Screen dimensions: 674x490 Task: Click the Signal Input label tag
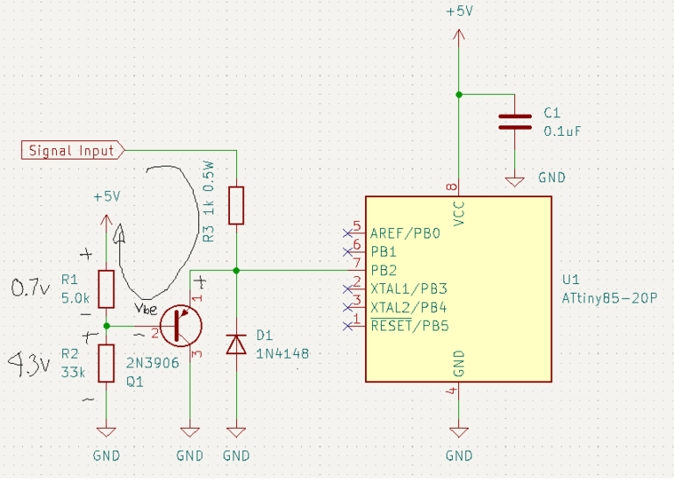[73, 150]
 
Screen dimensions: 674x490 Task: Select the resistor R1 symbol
[106, 289]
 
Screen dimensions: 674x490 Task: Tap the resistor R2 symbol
[106, 363]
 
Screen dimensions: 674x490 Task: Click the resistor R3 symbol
[236, 205]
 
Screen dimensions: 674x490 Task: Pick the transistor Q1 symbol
[181, 325]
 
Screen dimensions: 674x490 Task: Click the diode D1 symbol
[236, 344]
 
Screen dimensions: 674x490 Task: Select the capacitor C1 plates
[514, 122]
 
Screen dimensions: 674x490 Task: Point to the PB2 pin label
[384, 271]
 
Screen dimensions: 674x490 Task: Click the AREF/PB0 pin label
[405, 233]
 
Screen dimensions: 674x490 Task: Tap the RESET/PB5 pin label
[410, 325]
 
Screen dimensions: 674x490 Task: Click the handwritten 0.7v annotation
[30, 288]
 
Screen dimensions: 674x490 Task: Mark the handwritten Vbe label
[146, 309]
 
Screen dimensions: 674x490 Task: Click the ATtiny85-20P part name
[610, 298]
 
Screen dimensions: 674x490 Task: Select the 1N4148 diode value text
[283, 353]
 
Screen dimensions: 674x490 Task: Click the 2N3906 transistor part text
[153, 363]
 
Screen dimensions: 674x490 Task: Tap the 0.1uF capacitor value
[563, 131]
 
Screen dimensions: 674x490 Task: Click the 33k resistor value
[73, 372]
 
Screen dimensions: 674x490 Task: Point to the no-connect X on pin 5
[348, 233]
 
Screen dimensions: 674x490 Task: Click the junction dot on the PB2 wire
[236, 271]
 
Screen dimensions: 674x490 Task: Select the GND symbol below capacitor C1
[514, 181]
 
